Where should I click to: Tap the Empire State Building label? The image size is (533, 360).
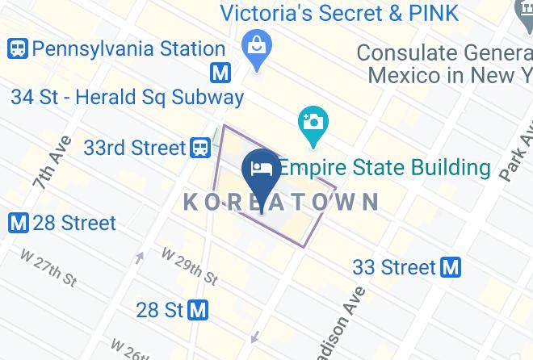pyautogui.click(x=384, y=168)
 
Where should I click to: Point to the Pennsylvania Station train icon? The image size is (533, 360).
pyautogui.click(x=18, y=49)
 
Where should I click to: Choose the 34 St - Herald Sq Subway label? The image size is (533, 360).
pyautogui.click(x=127, y=98)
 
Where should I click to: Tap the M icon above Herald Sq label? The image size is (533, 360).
pyautogui.click(x=220, y=73)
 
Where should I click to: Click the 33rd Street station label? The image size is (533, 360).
pyautogui.click(x=135, y=148)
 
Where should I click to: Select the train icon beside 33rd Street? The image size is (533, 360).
pyautogui.click(x=200, y=148)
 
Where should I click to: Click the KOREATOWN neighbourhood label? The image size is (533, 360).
pyautogui.click(x=281, y=202)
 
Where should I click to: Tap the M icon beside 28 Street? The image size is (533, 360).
pyautogui.click(x=19, y=223)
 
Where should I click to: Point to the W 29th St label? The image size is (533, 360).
pyautogui.click(x=190, y=266)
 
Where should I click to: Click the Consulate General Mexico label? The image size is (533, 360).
pyautogui.click(x=445, y=64)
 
